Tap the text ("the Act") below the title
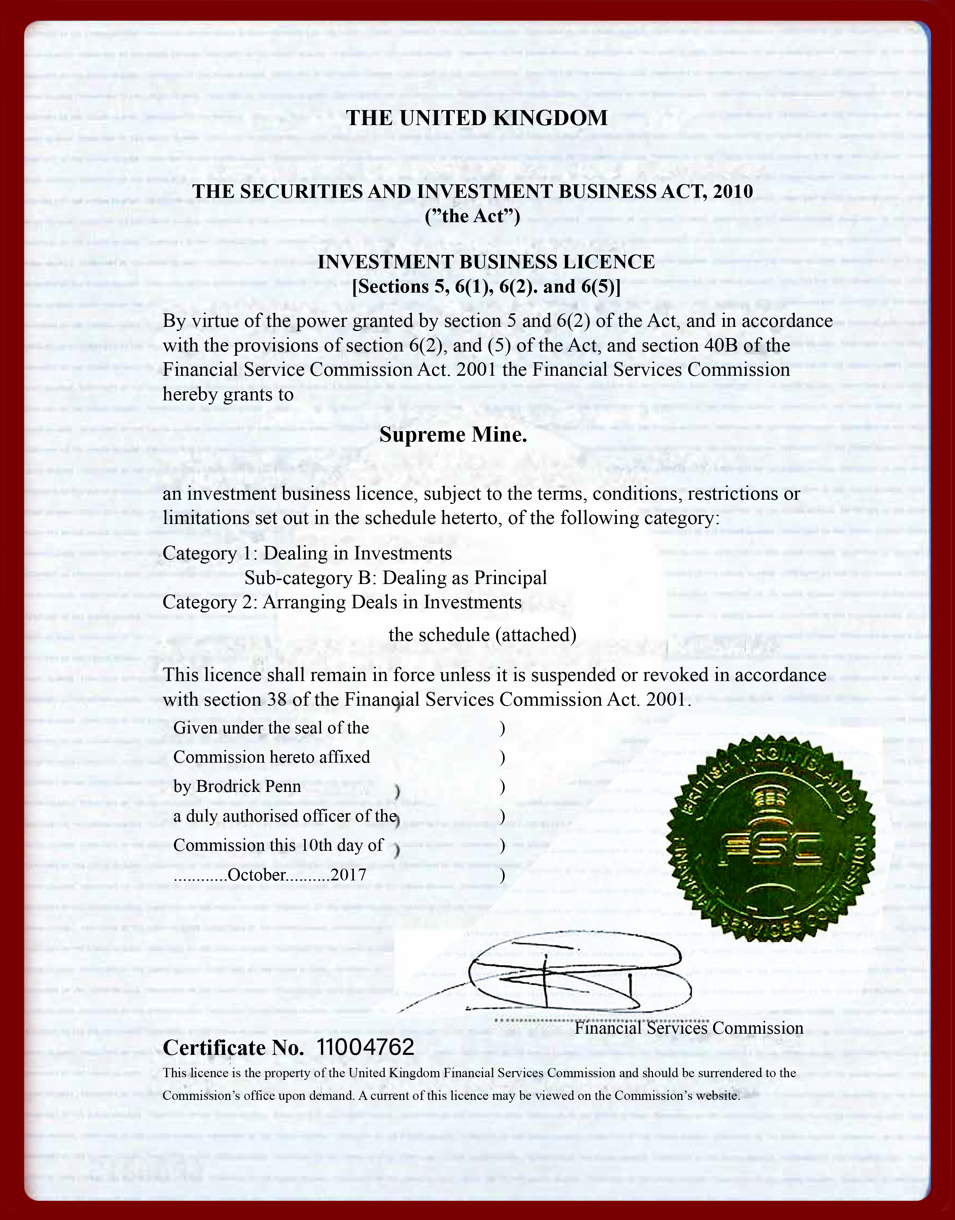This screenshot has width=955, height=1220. pos(472,216)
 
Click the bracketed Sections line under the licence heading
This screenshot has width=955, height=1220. pos(486,287)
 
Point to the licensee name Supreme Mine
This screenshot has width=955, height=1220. pos(453,435)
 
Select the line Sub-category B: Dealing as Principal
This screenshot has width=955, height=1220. pos(395,578)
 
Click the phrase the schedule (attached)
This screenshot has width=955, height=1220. pos(482,635)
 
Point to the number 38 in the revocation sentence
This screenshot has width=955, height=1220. pos(290,700)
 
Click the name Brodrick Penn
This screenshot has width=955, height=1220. pos(248,787)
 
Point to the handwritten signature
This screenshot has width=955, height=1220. pos(576,975)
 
